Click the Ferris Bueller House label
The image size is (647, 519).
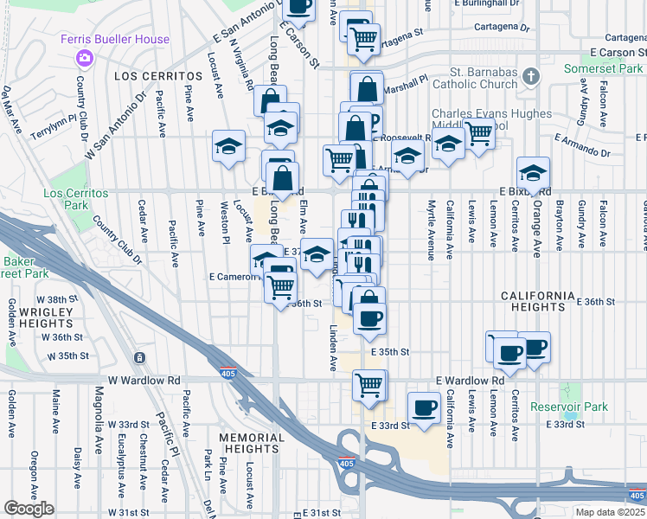(x=115, y=40)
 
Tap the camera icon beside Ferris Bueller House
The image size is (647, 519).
(x=84, y=58)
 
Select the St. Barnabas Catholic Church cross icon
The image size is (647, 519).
(x=531, y=78)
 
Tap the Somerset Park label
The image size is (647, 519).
(x=605, y=67)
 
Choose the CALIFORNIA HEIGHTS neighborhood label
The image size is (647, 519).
(x=536, y=301)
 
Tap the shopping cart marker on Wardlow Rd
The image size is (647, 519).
(x=370, y=384)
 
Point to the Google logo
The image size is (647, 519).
(x=29, y=509)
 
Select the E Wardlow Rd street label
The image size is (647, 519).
(x=470, y=381)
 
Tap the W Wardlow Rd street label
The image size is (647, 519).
(x=144, y=381)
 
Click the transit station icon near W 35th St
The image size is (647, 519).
(x=139, y=357)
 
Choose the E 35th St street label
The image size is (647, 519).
(x=389, y=352)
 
